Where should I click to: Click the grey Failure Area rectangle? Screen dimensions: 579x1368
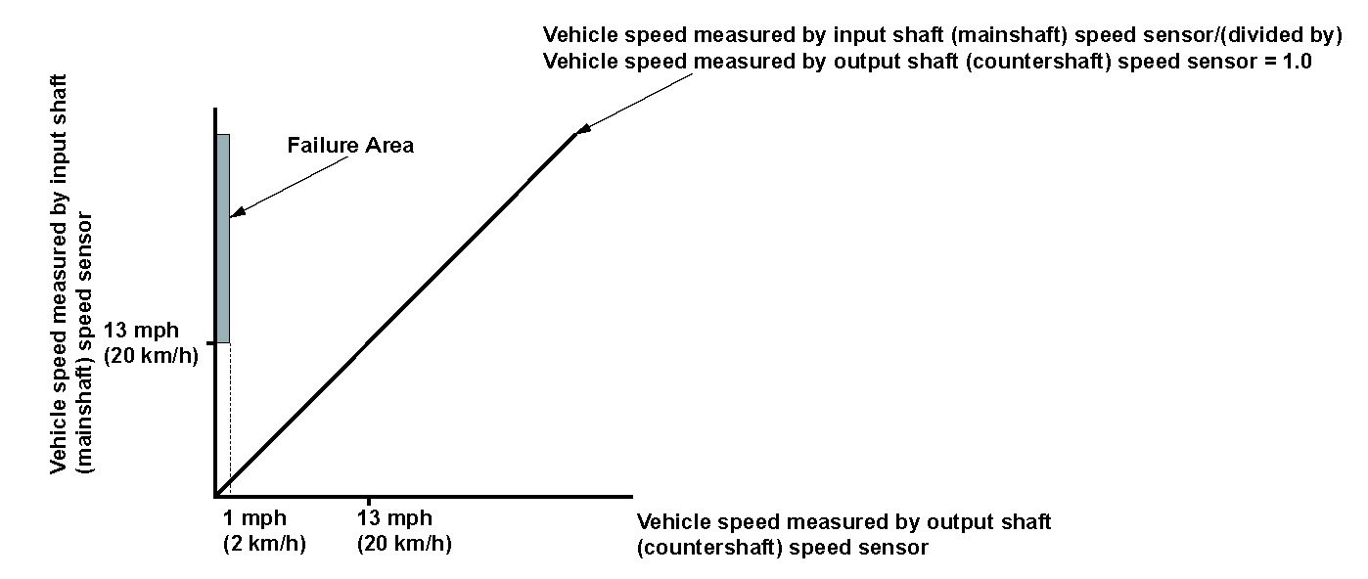223,238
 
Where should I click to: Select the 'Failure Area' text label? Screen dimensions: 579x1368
350,146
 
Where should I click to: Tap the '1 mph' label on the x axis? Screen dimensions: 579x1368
254,518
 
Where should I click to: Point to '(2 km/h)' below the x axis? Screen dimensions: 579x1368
264,544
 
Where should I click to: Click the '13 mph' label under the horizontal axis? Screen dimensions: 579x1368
395,518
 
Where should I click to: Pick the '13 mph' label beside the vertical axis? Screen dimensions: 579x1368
141,330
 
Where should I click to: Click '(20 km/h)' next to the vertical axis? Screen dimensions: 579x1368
151,355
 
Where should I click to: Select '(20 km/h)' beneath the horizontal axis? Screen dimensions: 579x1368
405,544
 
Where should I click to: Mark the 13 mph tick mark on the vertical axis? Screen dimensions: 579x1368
209,342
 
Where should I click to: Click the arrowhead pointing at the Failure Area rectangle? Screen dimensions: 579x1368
235,212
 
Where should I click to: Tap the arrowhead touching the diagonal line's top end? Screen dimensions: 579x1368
583,128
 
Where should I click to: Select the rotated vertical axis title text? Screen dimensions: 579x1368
72,274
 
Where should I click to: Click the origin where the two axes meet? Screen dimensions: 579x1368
215,495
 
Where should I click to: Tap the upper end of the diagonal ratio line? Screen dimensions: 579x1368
574,135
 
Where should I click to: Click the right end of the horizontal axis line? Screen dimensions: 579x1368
630,496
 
